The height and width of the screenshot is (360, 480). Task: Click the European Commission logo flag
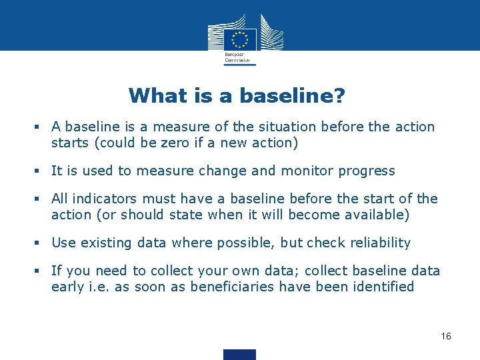coord(240,37)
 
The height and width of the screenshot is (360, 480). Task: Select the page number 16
coord(446,336)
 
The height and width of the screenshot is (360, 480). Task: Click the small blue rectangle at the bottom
coord(240,355)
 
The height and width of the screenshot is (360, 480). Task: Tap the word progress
coord(367,171)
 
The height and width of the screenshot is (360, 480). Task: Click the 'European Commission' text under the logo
coord(239,57)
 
